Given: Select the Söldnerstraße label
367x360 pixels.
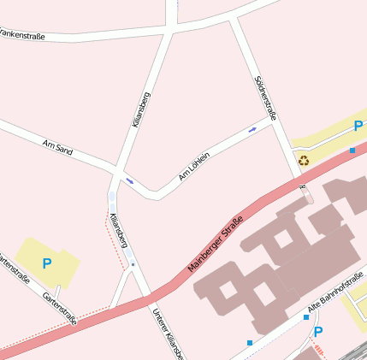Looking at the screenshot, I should point(266,97).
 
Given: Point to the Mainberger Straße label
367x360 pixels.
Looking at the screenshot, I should point(216,248).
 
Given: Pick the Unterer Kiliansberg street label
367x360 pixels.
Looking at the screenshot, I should point(167,333).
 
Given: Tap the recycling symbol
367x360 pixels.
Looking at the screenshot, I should point(304,159).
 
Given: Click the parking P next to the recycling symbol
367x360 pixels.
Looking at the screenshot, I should point(358,127).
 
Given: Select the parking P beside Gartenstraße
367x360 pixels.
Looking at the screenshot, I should point(46,263).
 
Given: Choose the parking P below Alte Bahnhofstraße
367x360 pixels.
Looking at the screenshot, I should point(318,332).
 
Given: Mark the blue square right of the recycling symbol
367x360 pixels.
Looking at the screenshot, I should point(352,150).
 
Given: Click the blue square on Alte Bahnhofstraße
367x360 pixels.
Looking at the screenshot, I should point(305,317).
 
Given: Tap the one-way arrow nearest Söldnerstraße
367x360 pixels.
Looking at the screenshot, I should point(252,130).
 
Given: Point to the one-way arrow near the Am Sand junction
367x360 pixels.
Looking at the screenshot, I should point(130,180).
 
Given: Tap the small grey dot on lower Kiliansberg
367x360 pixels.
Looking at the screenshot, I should point(133,265).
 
